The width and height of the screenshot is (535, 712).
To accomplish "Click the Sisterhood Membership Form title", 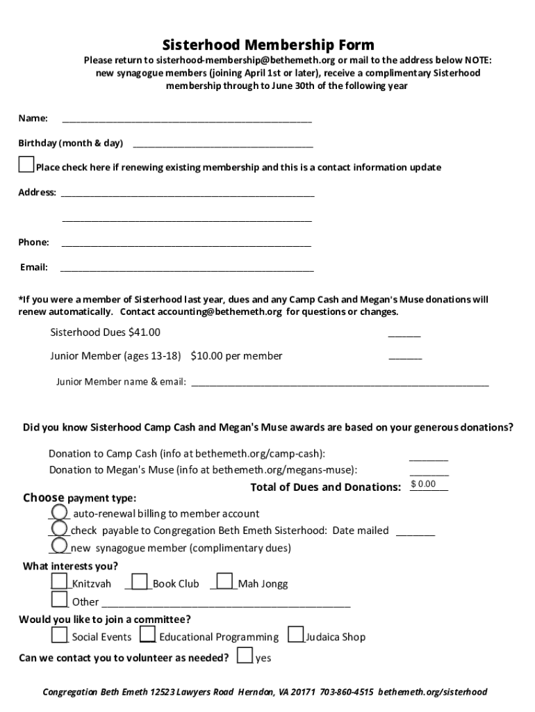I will click(267, 46).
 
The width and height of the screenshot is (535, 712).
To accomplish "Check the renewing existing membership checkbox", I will click(26, 165).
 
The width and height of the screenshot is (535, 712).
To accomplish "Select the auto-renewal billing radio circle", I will click(60, 512).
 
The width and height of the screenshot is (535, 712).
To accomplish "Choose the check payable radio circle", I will click(60, 529).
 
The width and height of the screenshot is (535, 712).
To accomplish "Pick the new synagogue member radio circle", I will click(60, 547).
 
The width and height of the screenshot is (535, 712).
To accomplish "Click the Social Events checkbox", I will click(59, 635).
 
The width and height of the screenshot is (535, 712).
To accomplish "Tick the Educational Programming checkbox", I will click(147, 635).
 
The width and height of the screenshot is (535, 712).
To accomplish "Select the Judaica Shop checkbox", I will click(295, 635).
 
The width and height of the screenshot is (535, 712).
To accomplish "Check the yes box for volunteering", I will click(245, 656).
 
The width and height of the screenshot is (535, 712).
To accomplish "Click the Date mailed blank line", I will click(415, 532).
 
